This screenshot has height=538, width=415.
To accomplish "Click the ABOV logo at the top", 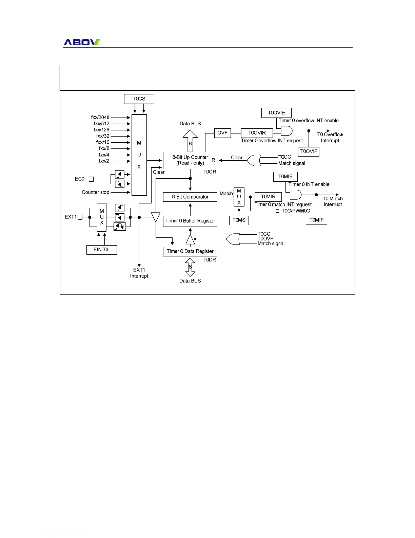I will tap(82, 42).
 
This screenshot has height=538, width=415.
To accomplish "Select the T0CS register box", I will tap(139, 99).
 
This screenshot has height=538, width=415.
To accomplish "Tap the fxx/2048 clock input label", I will tap(100, 118).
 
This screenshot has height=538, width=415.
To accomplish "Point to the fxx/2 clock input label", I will tap(104, 161).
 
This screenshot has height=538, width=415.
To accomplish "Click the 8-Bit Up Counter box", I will tap(190, 160).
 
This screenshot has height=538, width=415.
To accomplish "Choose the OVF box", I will tap(222, 133).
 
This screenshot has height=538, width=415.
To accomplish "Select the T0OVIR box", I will tap(257, 133).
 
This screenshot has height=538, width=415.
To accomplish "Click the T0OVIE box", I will tap(276, 113).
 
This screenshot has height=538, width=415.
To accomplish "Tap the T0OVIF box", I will tap(309, 151).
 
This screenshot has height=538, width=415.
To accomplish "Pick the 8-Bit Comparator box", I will tap(190, 197).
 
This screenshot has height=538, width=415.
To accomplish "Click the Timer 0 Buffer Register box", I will tap(190, 221).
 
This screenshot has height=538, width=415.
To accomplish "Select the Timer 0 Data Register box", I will tap(190, 251).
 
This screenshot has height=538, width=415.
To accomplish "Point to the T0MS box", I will tap(239, 220).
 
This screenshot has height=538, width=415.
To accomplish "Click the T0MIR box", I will tap(268, 197).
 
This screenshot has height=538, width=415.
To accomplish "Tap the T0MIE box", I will tap(285, 177).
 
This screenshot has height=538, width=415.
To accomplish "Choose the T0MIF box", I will tap(316, 220).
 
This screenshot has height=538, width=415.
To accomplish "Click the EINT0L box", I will tap(102, 250).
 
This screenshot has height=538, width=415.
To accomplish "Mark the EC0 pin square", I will tap(91, 179).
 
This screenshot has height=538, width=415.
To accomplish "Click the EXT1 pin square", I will tap(80, 217).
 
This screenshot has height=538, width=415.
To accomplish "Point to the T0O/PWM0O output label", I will tap(296, 211).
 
